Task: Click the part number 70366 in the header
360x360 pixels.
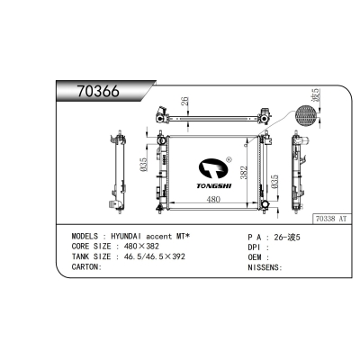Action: pos(98,91)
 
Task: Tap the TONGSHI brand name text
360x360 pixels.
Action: pos(214,186)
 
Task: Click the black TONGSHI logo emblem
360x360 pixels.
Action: pos(213,169)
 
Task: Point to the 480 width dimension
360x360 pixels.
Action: pos(213,199)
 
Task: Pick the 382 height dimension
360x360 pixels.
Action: pos(244,173)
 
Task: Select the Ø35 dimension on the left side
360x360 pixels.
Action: pos(143,165)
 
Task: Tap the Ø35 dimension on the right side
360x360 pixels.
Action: pos(274,182)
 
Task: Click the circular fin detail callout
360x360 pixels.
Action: pos(306,116)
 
